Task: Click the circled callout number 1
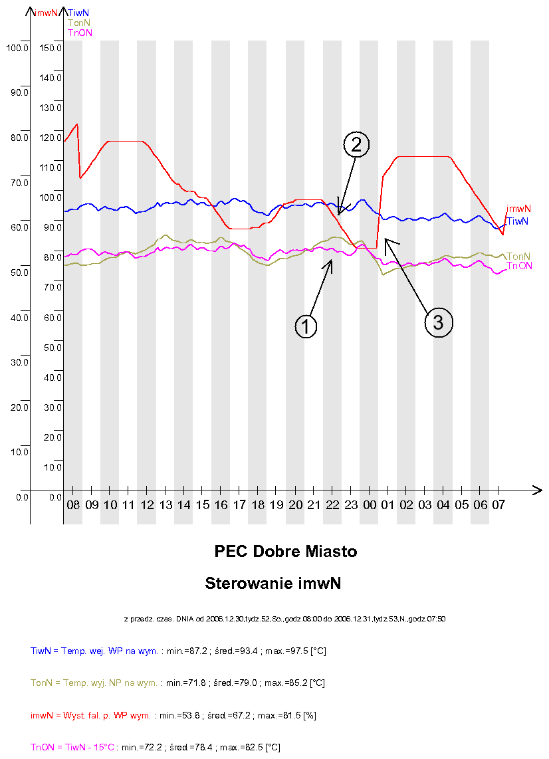tap(306, 326)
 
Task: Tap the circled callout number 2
tap(356, 144)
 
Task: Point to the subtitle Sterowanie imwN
tap(273, 584)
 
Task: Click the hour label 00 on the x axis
tap(370, 505)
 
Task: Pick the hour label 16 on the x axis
tap(221, 505)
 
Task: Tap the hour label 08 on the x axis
tap(73, 505)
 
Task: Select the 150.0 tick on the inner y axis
tap(51, 48)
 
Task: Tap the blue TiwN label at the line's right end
tap(517, 221)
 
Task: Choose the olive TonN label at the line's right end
tap(518, 257)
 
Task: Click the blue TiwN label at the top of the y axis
tap(80, 12)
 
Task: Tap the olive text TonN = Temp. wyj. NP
tap(94, 683)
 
